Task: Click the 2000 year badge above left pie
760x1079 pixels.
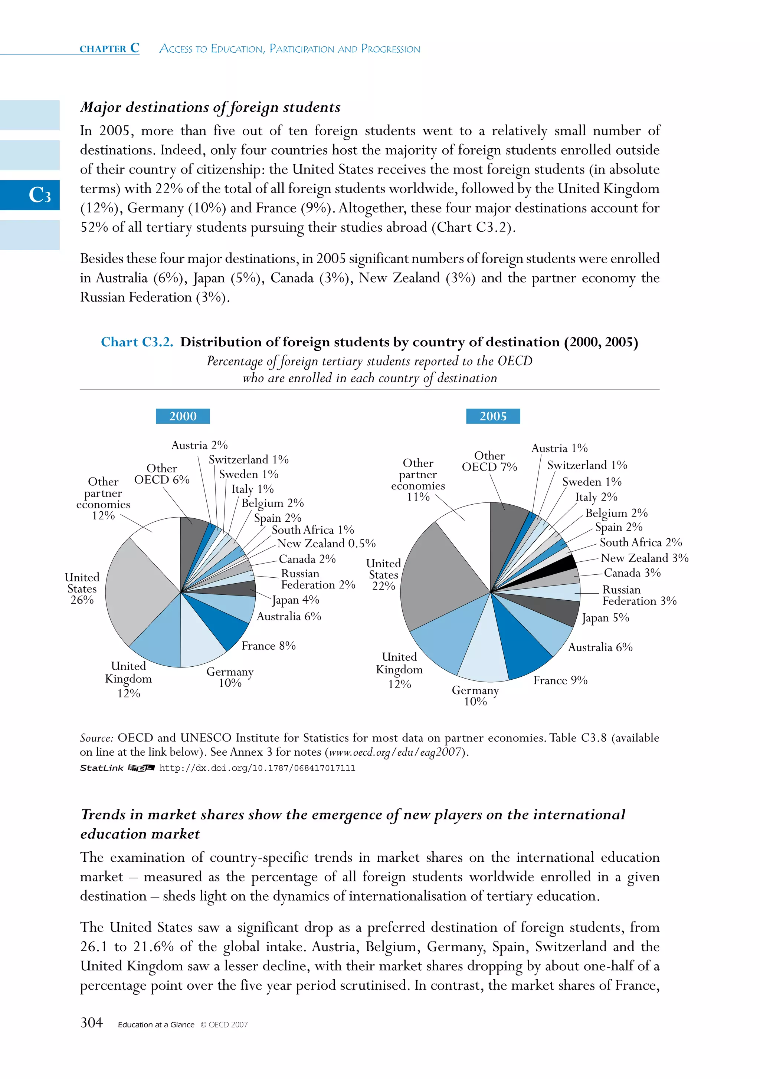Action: tap(183, 416)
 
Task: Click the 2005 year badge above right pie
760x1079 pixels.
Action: tap(492, 416)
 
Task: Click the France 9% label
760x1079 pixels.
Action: tap(560, 680)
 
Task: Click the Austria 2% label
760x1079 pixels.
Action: tap(199, 445)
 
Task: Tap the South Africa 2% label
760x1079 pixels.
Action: tap(641, 542)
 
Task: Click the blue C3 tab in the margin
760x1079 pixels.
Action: tap(30, 195)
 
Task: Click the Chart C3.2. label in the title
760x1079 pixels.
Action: tap(137, 342)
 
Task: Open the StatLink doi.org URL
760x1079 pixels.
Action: tap(257, 768)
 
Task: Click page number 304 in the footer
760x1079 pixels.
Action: tap(92, 1023)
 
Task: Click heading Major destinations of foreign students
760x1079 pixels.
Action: tap(210, 107)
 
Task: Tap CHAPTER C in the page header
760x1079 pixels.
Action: tap(109, 49)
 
